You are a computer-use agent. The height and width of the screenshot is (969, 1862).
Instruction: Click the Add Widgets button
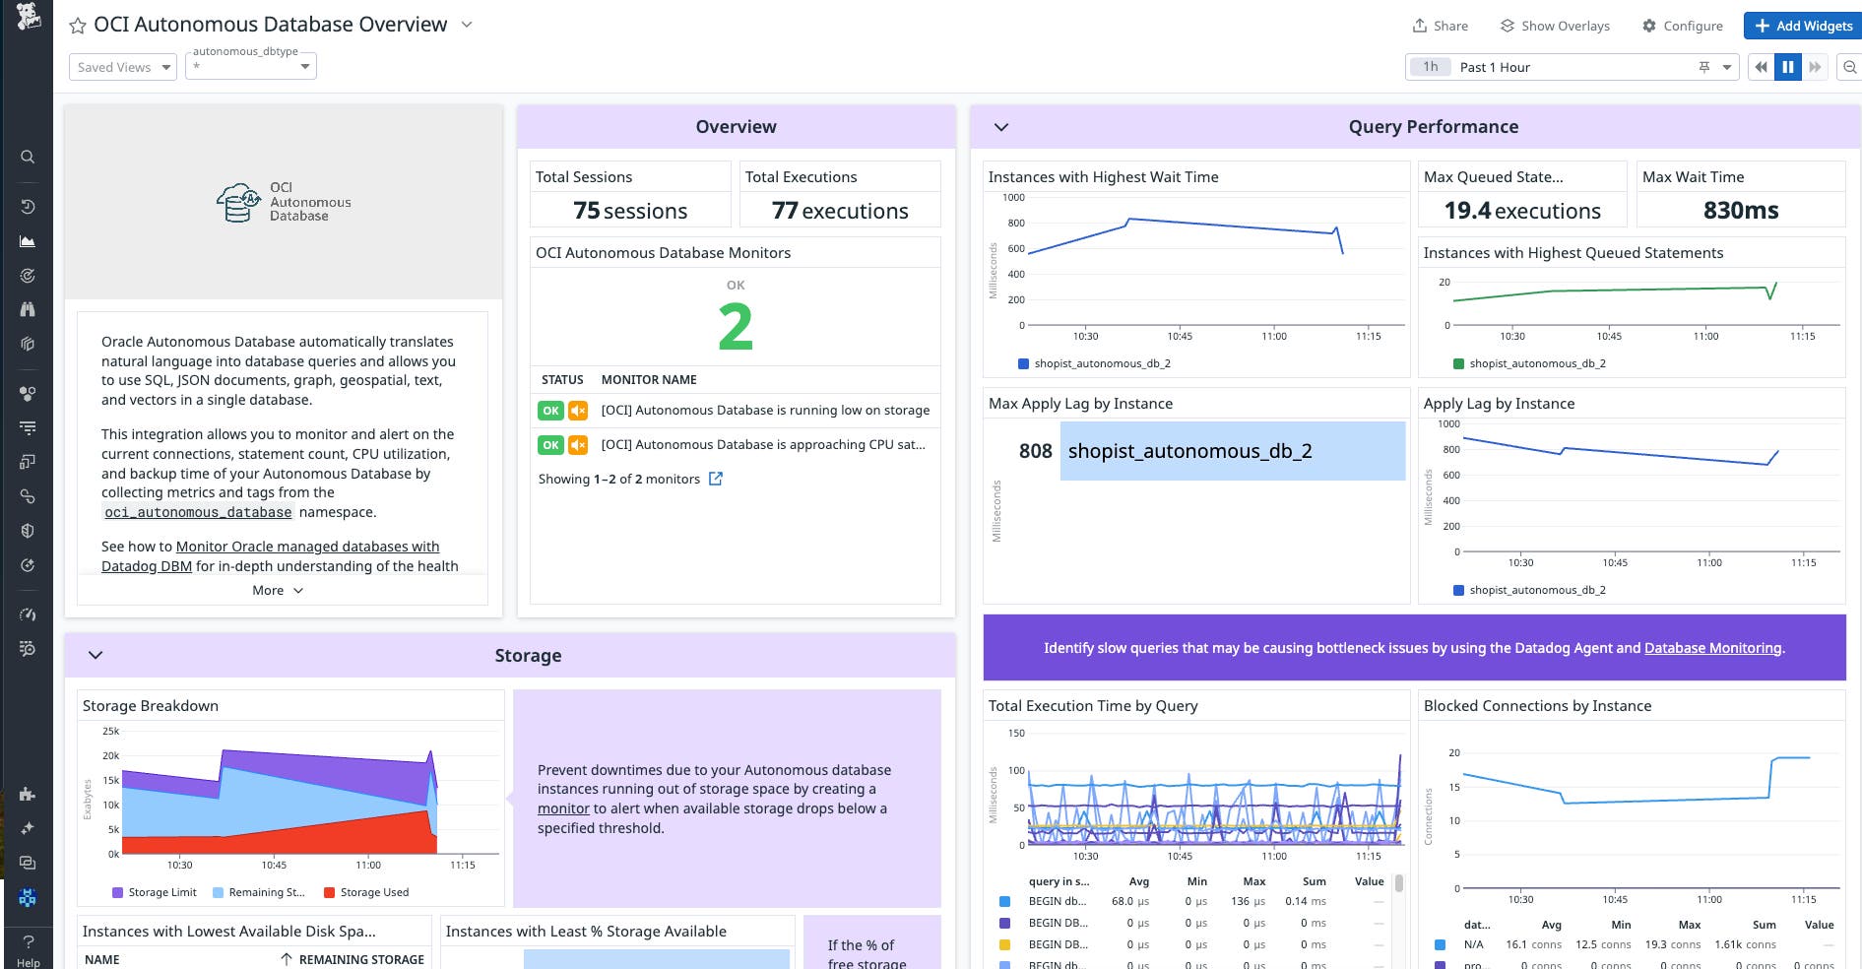click(x=1803, y=26)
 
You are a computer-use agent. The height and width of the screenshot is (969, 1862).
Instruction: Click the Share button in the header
click(x=1440, y=26)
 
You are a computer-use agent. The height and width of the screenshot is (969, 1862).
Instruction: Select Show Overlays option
click(x=1555, y=26)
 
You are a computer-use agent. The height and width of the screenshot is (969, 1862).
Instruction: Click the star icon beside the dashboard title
click(x=78, y=26)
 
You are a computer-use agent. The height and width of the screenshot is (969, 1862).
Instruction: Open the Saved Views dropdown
click(x=123, y=67)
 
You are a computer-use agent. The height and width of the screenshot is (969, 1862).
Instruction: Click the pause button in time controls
click(x=1787, y=67)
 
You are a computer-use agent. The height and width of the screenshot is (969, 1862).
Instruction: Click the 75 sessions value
click(x=630, y=211)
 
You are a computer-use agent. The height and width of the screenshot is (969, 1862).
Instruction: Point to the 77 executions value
click(x=840, y=211)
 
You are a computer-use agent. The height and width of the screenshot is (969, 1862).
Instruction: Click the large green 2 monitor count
click(x=736, y=327)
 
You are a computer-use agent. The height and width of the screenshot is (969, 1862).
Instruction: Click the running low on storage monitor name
click(x=765, y=411)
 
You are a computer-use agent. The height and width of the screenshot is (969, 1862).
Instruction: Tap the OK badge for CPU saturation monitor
click(x=550, y=445)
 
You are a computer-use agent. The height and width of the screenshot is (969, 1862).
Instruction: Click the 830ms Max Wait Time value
click(x=1740, y=211)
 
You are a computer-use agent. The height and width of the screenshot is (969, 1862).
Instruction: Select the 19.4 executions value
click(x=1521, y=211)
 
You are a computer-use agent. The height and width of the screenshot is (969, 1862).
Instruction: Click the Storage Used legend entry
click(x=373, y=892)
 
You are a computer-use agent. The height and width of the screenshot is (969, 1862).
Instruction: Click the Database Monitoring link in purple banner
click(x=1712, y=648)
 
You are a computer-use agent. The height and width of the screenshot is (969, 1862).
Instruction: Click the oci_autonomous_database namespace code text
click(x=198, y=512)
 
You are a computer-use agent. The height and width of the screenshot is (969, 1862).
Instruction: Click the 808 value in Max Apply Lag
click(x=1035, y=451)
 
